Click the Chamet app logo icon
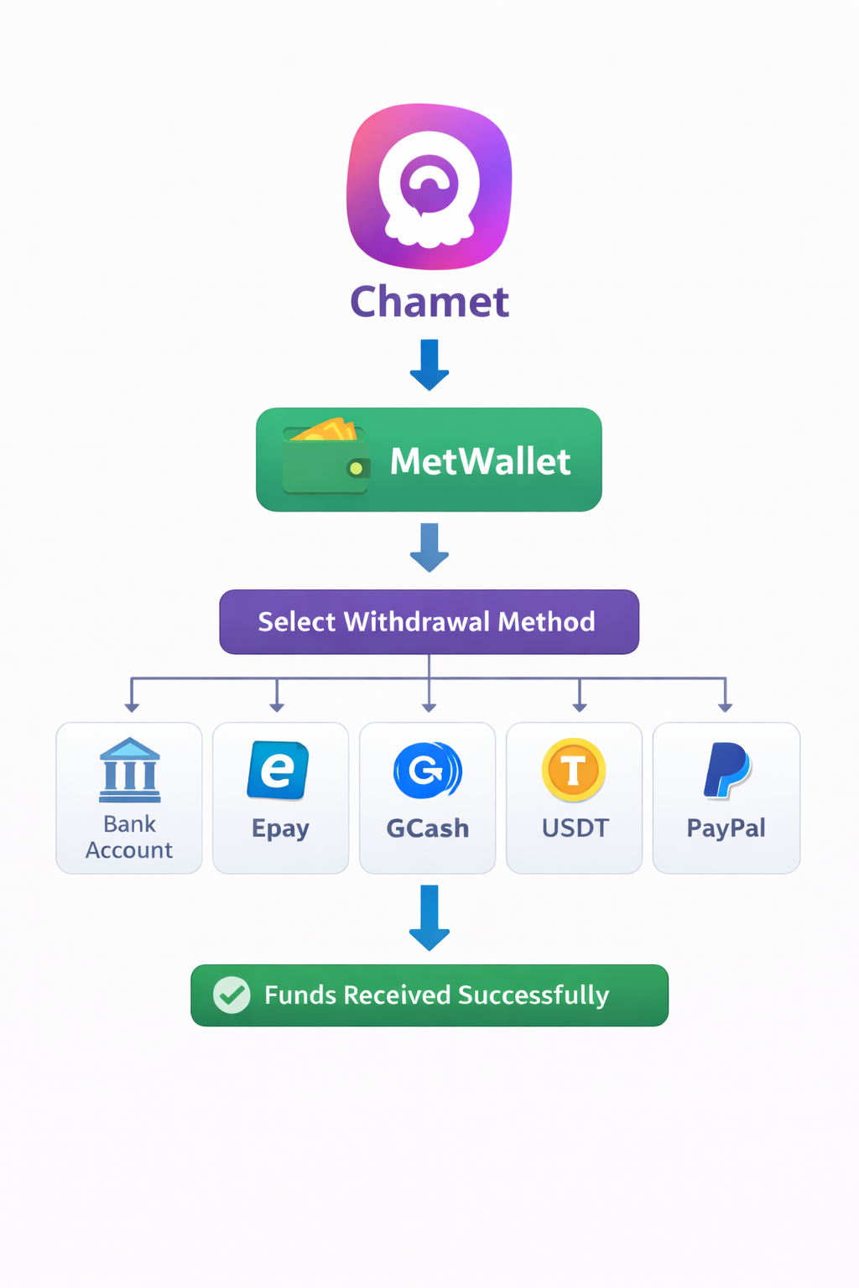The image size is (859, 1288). pos(429,186)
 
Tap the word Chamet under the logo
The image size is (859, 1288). pos(429,302)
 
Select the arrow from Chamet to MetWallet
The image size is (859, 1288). pos(429,365)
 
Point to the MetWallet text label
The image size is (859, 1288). pos(480,461)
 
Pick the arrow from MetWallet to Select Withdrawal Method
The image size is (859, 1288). pos(429,548)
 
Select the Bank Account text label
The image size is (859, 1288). pos(129,837)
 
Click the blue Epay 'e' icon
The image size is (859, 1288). pos(278,770)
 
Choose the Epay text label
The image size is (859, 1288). pos(280,828)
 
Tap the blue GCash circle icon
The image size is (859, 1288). pos(427,770)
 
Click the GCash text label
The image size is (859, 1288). pos(427,828)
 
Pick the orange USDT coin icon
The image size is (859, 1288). pos(574,770)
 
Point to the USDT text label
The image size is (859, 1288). pos(575,828)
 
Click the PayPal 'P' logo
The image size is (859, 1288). pos(726,770)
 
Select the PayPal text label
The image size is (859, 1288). pos(726,828)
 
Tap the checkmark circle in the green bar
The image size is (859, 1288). pos(232,995)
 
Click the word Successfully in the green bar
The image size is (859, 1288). pos(534,995)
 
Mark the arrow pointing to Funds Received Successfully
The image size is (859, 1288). pos(429,917)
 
